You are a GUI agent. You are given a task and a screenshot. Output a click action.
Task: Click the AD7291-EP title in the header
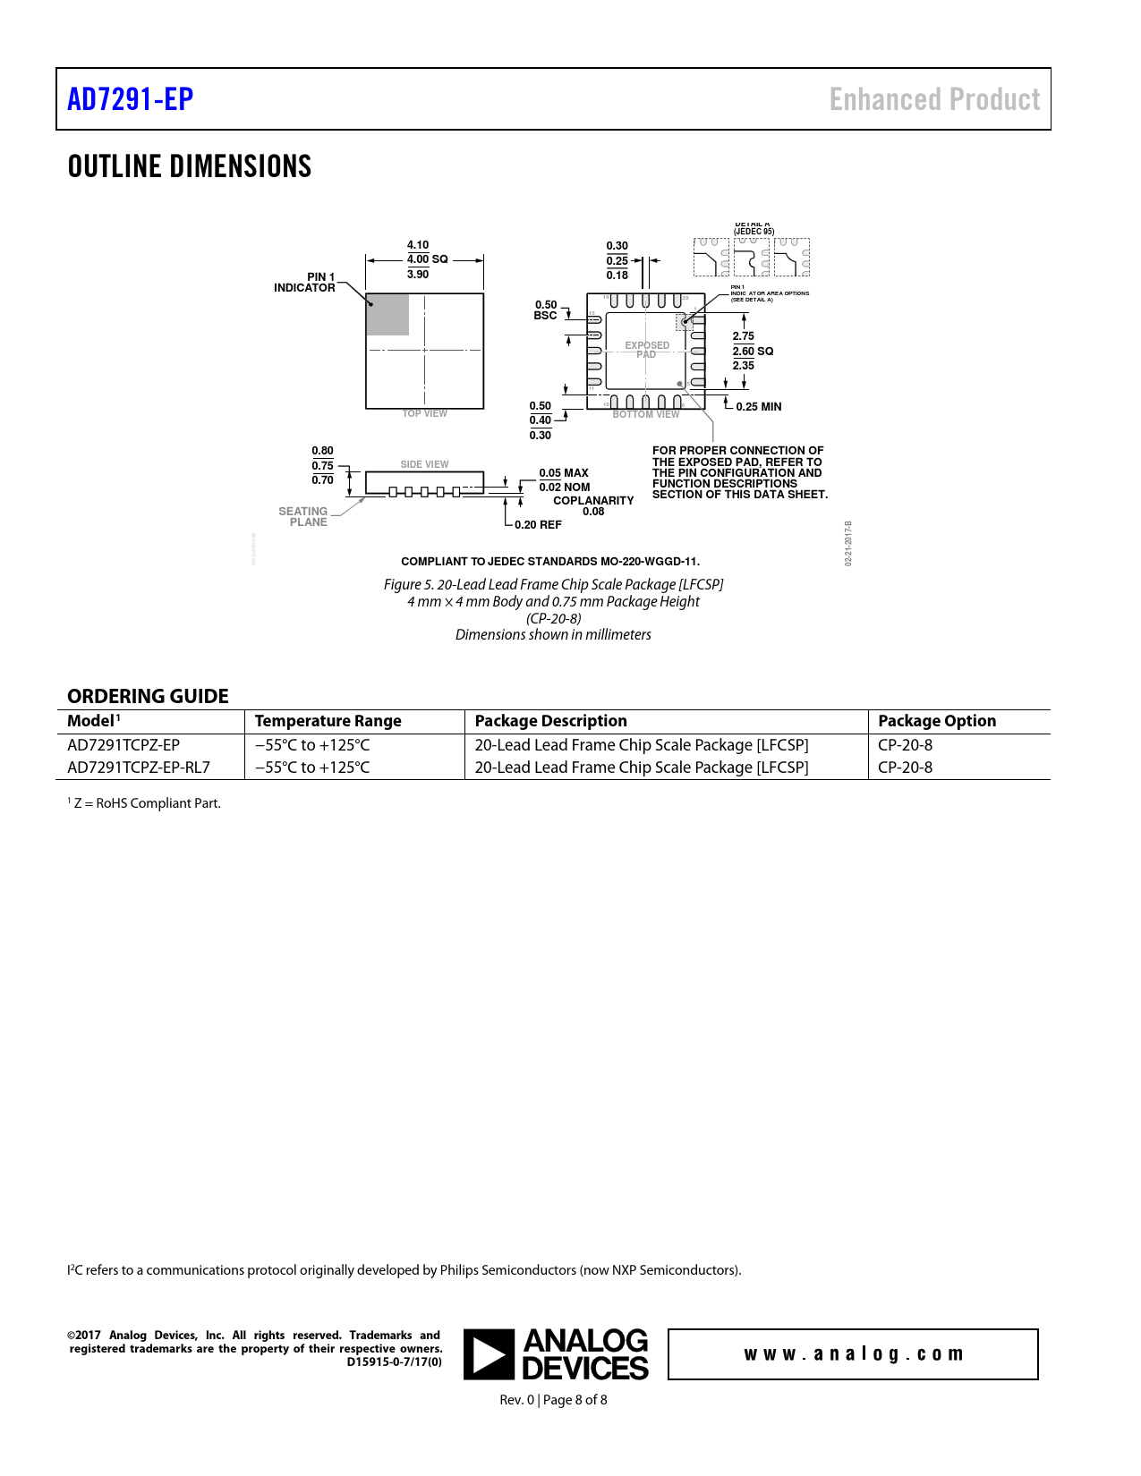[x=131, y=99]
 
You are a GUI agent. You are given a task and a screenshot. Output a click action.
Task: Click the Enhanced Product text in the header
[x=934, y=99]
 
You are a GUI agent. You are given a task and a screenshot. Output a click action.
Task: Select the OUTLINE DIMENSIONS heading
[x=190, y=166]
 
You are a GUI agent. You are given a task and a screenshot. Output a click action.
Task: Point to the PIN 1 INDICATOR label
[x=305, y=283]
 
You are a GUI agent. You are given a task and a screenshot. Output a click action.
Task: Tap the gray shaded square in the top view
[x=387, y=315]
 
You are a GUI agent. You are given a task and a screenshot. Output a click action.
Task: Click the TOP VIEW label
[x=424, y=414]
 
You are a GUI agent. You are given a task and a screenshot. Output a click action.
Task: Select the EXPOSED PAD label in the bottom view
[x=647, y=350]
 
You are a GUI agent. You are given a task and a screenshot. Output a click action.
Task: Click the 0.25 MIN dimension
[x=758, y=407]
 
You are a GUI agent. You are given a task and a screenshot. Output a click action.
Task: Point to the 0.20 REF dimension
[x=538, y=525]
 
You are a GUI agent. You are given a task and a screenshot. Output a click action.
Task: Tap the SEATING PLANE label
[x=303, y=517]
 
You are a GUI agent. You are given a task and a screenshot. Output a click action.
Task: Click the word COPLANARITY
[x=593, y=501]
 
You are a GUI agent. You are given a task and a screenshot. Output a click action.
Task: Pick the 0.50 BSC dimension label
[x=546, y=310]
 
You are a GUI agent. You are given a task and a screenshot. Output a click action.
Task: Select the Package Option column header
[x=936, y=721]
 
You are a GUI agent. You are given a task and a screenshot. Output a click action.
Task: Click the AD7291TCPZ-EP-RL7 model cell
[x=139, y=768]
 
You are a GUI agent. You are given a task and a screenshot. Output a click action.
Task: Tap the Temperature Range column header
[x=328, y=721]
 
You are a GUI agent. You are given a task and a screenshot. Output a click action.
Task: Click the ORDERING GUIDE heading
[x=148, y=696]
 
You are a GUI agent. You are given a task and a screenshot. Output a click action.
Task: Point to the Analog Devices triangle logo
[x=489, y=1354]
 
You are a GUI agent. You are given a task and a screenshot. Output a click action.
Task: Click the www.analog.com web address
[x=853, y=1354]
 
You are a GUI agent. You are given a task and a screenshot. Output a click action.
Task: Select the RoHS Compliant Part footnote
[x=145, y=803]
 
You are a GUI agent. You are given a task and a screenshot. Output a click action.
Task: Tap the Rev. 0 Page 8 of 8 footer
[x=553, y=1400]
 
